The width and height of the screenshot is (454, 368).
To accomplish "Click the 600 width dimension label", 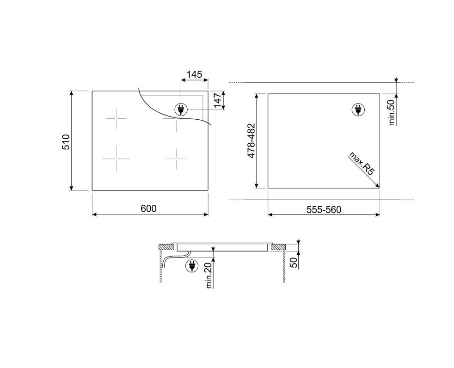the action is [x=148, y=209].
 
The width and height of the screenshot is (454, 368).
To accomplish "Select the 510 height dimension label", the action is [x=66, y=142].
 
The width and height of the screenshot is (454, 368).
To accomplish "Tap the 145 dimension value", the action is [x=194, y=74].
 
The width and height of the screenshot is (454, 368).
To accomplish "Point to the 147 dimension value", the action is [x=217, y=100].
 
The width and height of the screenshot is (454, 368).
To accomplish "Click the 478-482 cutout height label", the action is [x=252, y=141].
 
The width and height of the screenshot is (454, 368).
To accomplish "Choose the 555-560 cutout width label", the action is [x=324, y=209].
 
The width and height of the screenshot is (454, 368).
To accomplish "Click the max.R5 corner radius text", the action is [x=362, y=163].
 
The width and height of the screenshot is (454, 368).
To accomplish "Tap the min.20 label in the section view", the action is [x=209, y=277].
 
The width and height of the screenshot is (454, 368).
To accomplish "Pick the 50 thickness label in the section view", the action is [x=294, y=263].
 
